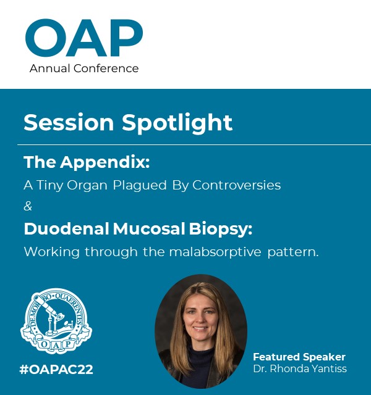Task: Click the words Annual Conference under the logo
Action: (84, 68)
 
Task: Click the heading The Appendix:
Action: (87, 163)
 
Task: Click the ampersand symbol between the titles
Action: (28, 206)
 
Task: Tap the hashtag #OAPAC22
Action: (56, 370)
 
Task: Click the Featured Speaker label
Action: (299, 357)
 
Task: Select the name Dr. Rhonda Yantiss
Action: (300, 368)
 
